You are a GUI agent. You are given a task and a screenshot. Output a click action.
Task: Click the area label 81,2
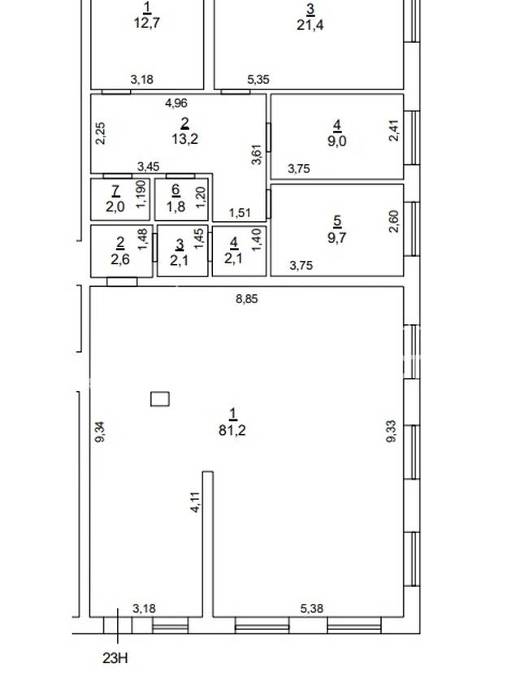tap(232, 430)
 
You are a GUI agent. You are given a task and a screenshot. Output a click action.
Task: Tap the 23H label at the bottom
tap(115, 658)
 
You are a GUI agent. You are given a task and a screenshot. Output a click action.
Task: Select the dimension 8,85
tap(247, 299)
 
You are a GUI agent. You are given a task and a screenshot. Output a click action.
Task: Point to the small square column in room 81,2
tap(160, 399)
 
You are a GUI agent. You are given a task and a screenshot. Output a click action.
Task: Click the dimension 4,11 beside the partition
tap(195, 501)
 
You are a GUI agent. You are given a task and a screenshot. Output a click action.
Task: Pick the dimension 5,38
tap(312, 609)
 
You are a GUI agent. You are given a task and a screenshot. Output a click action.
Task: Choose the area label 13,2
tap(184, 139)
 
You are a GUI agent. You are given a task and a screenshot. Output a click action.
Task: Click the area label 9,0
tap(337, 141)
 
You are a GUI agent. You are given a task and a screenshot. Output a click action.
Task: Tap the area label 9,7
tap(337, 237)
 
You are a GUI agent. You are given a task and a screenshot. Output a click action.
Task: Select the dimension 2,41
tap(394, 131)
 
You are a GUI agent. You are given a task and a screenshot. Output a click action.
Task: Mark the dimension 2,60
tap(394, 221)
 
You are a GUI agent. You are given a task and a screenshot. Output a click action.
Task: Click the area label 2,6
tap(120, 259)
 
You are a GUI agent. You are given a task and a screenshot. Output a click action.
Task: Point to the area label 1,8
tap(176, 206)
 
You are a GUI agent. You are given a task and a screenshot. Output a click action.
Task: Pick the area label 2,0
tap(115, 206)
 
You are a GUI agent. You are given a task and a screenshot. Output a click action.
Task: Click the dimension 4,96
tap(176, 103)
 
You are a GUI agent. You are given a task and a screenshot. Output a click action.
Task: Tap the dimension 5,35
tap(258, 80)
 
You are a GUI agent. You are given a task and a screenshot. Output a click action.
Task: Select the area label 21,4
tap(310, 24)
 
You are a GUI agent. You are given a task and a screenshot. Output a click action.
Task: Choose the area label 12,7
tap(147, 23)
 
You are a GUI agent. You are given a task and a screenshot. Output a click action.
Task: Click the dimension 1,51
tap(240, 213)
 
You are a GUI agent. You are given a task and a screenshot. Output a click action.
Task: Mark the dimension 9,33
tap(391, 432)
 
